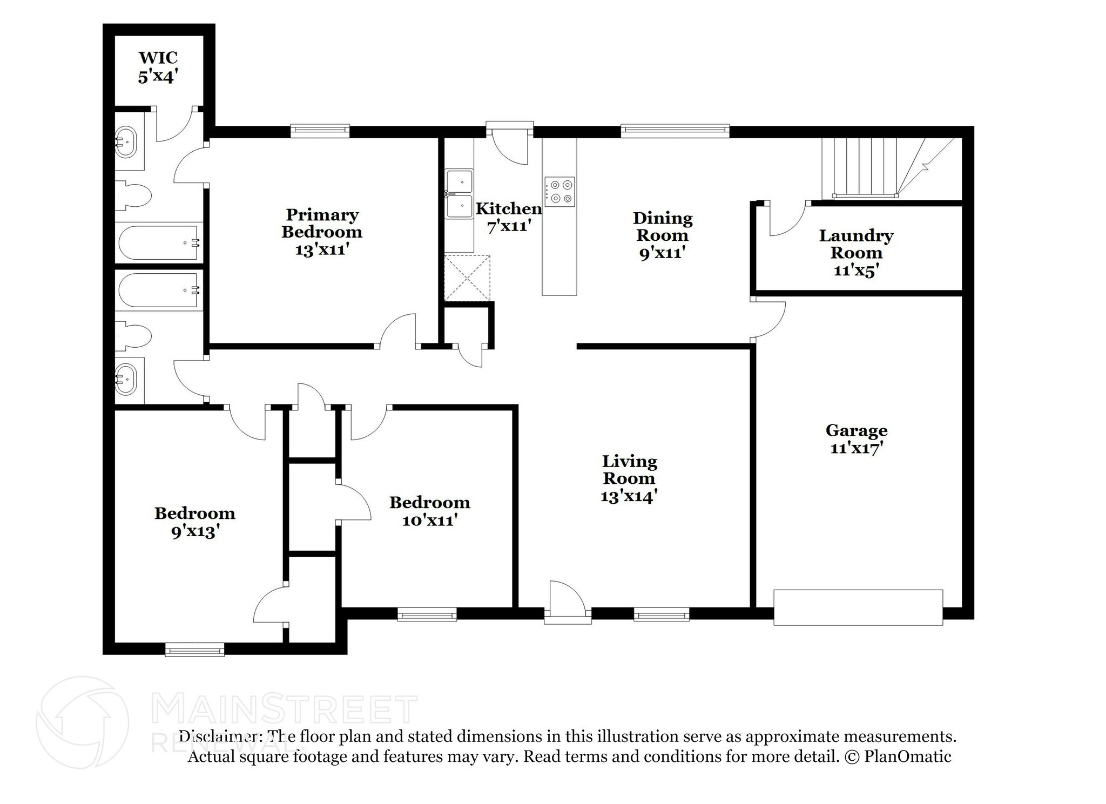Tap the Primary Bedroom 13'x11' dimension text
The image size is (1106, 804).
(x=321, y=249)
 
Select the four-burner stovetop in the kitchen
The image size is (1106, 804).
(x=559, y=192)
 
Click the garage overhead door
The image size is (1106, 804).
(x=858, y=607)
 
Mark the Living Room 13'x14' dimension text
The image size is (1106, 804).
(x=629, y=496)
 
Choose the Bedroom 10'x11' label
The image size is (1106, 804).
(x=430, y=511)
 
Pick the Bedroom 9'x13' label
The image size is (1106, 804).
(x=194, y=522)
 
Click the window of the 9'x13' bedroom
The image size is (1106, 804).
(x=194, y=649)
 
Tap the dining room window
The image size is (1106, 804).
(x=675, y=131)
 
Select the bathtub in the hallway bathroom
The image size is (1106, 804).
(x=159, y=289)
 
